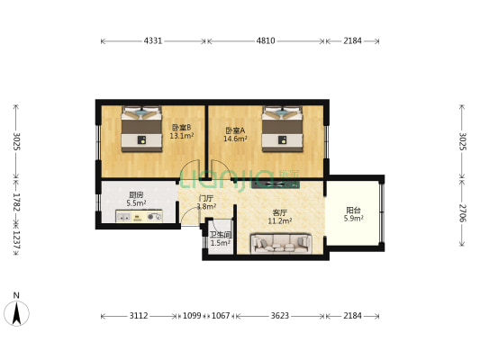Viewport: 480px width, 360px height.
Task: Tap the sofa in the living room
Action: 281,241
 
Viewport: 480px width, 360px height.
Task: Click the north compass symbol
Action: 16,310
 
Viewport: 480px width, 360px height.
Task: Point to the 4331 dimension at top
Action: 153,41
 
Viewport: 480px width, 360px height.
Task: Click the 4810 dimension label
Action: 265,41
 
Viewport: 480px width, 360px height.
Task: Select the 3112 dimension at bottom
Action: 139,317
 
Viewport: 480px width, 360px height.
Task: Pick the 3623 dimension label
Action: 279,317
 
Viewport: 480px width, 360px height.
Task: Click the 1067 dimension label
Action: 221,317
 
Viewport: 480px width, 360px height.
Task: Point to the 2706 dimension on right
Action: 462,212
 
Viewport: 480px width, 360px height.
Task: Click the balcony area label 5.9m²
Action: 354,218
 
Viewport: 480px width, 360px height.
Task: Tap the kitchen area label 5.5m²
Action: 136,203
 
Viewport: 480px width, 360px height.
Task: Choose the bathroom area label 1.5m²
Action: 221,242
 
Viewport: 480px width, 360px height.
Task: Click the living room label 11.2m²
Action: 280,220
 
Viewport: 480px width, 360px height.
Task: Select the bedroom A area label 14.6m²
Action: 235,139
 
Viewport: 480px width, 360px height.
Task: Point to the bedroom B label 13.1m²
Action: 181,136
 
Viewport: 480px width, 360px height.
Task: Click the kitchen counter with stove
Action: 140,217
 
